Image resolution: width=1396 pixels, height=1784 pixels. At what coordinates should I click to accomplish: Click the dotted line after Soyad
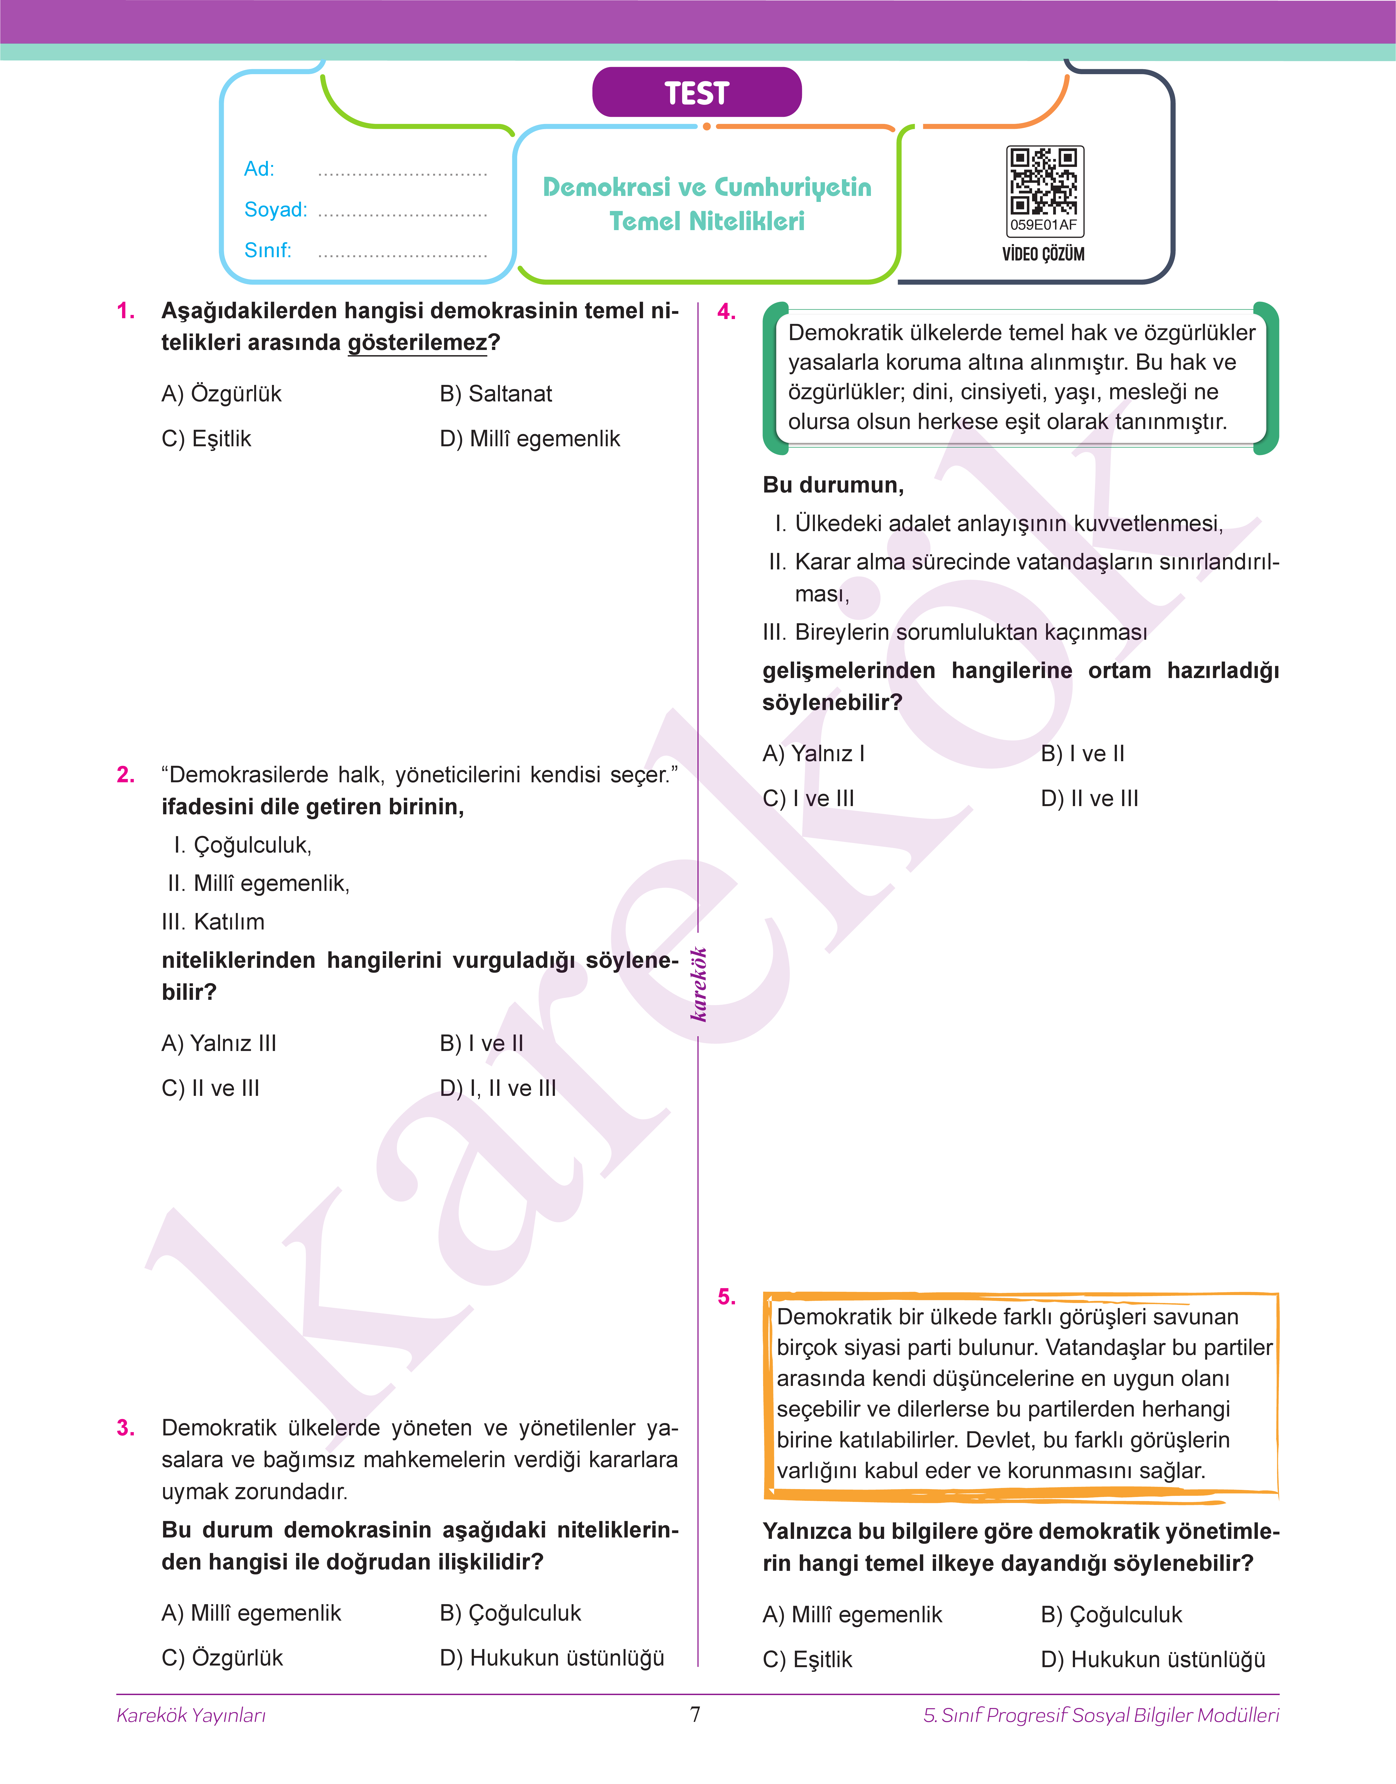click(402, 214)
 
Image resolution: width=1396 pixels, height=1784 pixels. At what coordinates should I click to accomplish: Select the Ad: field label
click(259, 169)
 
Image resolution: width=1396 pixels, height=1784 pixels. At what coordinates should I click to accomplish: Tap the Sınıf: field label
click(267, 250)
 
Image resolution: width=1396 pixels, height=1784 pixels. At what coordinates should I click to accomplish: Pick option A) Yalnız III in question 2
click(219, 1044)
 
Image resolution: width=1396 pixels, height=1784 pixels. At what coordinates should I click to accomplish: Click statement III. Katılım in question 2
click(213, 922)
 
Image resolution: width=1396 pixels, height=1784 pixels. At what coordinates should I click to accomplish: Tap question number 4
click(726, 311)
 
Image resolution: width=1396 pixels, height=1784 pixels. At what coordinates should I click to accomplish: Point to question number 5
click(726, 1297)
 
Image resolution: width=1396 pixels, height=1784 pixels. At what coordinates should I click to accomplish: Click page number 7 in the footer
click(696, 1715)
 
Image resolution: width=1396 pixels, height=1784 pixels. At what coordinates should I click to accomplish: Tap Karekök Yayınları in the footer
click(191, 1715)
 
